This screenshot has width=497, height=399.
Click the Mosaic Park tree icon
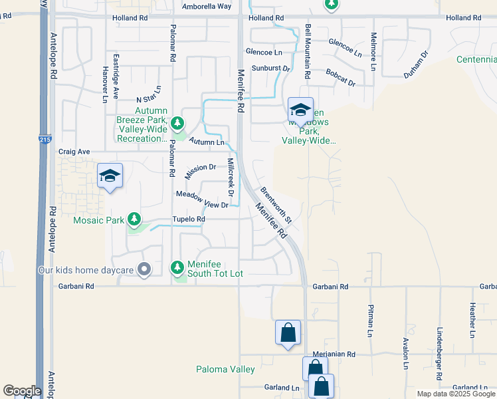134,219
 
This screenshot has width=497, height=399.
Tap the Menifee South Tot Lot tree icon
177,267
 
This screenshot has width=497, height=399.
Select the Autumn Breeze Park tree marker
177,123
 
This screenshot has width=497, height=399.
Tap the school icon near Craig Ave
110,176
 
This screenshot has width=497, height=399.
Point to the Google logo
22,391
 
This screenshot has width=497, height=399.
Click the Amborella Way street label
207,6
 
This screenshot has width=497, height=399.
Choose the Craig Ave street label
74,152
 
